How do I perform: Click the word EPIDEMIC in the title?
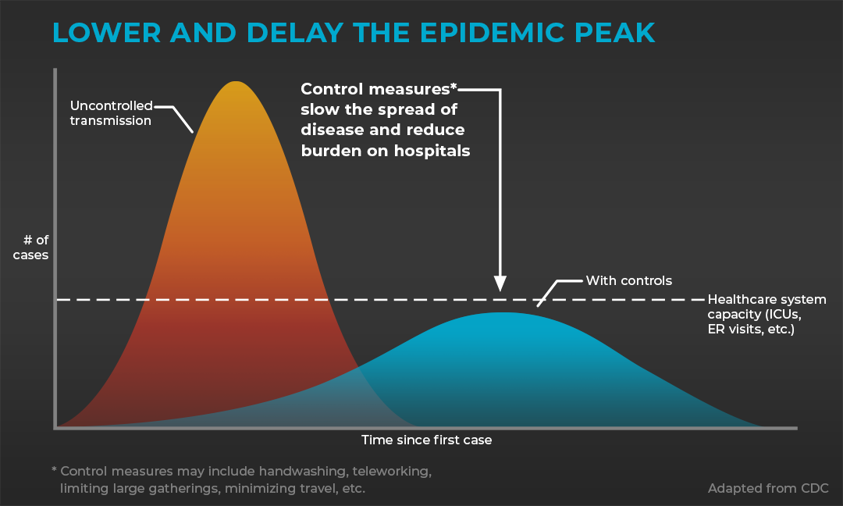pyautogui.click(x=493, y=33)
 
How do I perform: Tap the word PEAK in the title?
pyautogui.click(x=614, y=33)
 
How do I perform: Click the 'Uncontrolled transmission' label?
pyautogui.click(x=112, y=113)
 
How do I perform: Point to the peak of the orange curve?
pyautogui.click(x=236, y=82)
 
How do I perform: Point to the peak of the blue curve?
pyautogui.click(x=502, y=313)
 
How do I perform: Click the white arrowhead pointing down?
pyautogui.click(x=500, y=283)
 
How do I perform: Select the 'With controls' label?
pyautogui.click(x=629, y=280)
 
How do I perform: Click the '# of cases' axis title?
pyautogui.click(x=31, y=248)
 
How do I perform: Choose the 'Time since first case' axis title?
pyautogui.click(x=426, y=440)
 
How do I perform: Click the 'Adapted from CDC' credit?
pyautogui.click(x=768, y=488)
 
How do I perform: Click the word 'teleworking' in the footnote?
pyautogui.click(x=392, y=472)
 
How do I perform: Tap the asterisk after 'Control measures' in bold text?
pyautogui.click(x=454, y=86)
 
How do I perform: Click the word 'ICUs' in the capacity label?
pyautogui.click(x=784, y=315)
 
